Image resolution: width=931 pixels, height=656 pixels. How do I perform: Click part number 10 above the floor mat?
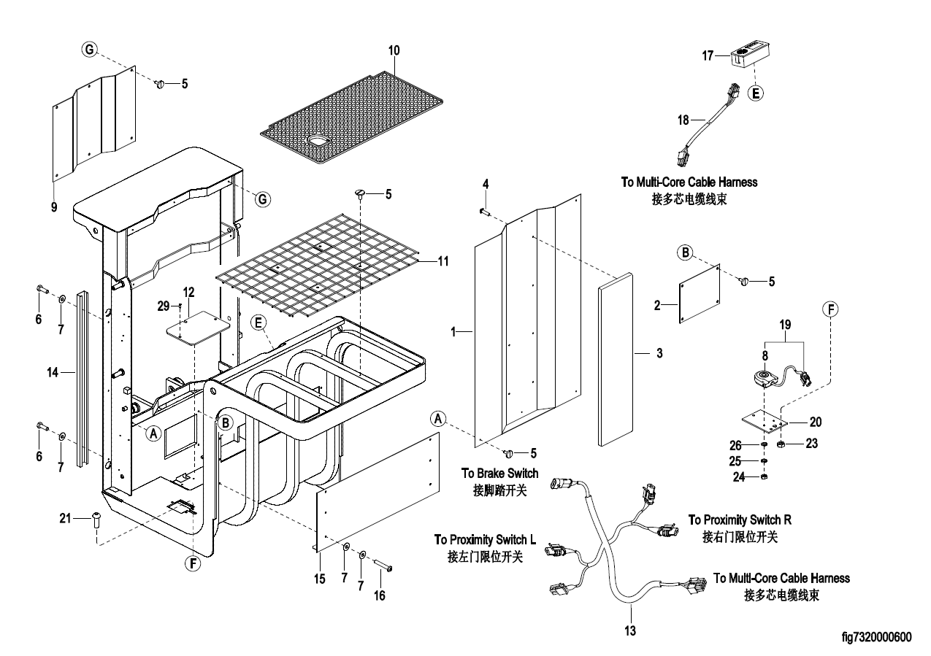(394, 50)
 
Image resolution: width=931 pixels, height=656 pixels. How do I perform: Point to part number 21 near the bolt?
(65, 518)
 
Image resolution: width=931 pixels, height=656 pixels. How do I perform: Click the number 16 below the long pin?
(379, 595)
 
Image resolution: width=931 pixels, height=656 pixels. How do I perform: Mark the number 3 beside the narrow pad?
(659, 353)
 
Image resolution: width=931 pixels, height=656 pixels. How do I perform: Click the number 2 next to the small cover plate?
(658, 306)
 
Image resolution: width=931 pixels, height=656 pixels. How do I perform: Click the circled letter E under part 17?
(756, 93)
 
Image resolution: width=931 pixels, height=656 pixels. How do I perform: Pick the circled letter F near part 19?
(830, 309)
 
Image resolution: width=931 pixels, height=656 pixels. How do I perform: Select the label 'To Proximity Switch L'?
(485, 540)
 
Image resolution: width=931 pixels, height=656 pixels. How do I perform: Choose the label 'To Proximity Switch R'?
(740, 520)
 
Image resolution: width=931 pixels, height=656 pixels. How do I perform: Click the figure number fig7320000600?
(876, 636)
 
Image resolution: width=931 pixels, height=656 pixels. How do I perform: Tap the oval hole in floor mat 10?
(318, 139)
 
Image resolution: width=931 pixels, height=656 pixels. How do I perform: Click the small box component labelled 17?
(751, 56)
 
